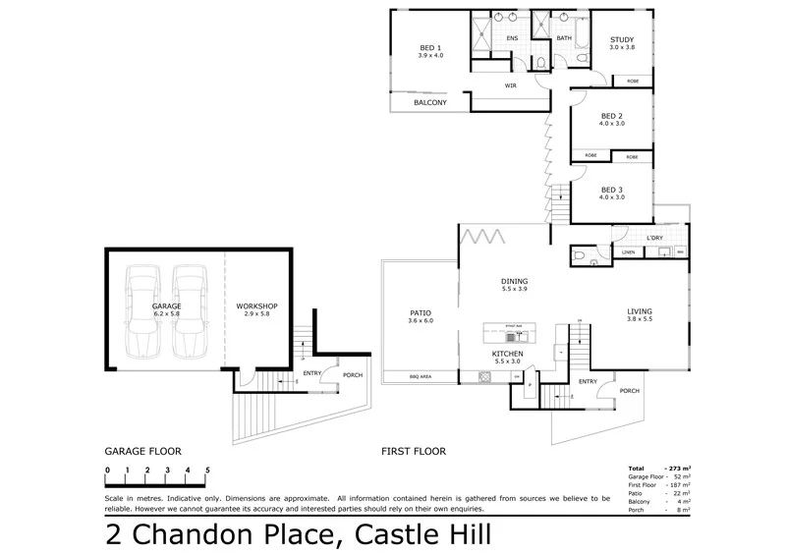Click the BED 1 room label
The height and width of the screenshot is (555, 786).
[x=430, y=47]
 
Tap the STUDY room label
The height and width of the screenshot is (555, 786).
[x=622, y=39]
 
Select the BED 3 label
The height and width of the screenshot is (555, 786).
[x=612, y=190]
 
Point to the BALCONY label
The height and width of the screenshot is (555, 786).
[x=429, y=102]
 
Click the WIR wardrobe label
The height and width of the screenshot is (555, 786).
[x=511, y=85]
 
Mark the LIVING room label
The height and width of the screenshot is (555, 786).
[x=640, y=311]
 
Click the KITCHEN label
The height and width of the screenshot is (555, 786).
[x=507, y=353]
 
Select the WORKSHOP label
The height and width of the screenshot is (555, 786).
[x=257, y=306]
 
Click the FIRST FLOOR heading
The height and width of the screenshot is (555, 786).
[x=414, y=452]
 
